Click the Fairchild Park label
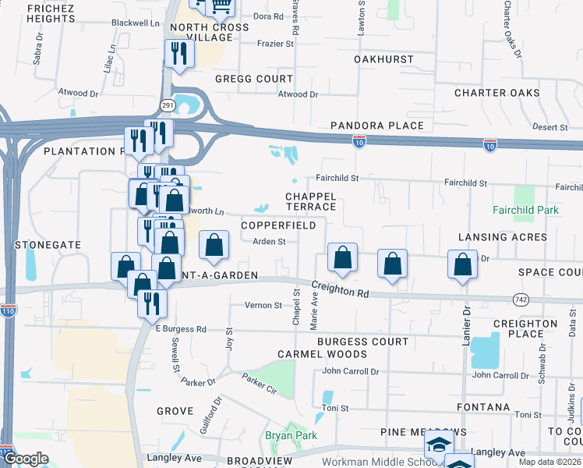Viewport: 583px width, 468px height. [x=526, y=210]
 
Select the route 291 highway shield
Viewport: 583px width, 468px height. [x=168, y=104]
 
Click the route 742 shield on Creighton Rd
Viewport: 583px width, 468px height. [x=522, y=299]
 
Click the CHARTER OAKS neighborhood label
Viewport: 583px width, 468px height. [x=497, y=93]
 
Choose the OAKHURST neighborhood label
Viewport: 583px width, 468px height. [x=383, y=59]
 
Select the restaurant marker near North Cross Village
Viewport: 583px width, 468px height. [x=179, y=54]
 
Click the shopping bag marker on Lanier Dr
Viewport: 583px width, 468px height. [x=462, y=264]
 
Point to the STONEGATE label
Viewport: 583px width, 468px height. [x=48, y=244]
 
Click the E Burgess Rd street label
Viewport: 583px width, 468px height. [x=181, y=329]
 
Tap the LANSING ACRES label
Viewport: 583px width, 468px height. [x=502, y=237]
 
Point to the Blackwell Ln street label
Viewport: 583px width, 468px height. [x=136, y=23]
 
